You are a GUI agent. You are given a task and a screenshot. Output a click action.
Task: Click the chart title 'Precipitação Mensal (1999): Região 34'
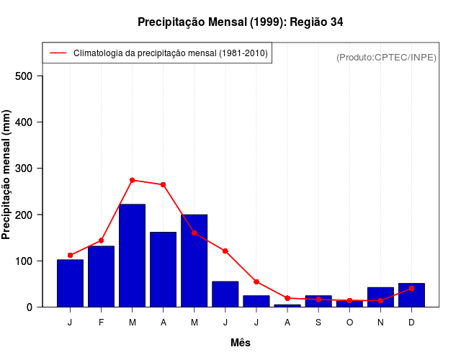(240, 22)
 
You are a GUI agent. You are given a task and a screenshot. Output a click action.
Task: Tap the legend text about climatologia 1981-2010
(171, 53)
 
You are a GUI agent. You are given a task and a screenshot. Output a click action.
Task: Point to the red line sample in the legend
(58, 53)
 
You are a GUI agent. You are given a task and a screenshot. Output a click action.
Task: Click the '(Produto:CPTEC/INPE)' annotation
(386, 57)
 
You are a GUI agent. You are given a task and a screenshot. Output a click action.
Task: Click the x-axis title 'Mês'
(240, 343)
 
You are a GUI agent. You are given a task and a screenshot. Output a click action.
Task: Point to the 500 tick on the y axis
(29, 76)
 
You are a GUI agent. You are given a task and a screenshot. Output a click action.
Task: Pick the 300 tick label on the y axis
(29, 168)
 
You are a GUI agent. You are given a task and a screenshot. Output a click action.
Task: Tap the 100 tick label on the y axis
(29, 261)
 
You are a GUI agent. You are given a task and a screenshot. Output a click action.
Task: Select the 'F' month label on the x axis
(101, 322)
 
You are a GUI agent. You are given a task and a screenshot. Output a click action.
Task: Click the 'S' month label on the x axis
(318, 322)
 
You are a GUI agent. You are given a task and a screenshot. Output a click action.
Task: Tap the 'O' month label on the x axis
(349, 322)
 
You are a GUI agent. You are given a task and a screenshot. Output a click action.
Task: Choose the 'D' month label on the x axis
(411, 322)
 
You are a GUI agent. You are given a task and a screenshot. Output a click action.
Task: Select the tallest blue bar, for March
(132, 256)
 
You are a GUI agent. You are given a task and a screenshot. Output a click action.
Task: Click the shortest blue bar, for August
(287, 305)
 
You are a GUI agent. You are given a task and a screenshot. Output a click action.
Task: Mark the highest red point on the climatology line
(132, 180)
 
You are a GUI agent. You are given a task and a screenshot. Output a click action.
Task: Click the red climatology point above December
(411, 288)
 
